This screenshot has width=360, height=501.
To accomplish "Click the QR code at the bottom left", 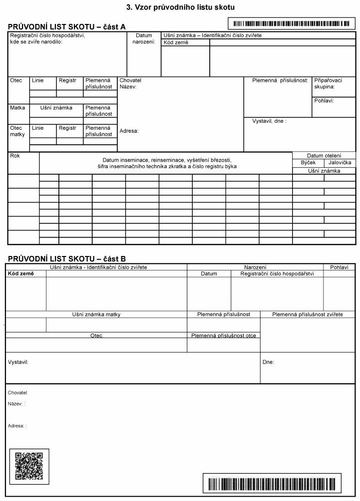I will [29, 466].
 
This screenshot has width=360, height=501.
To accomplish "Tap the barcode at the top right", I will [291, 23].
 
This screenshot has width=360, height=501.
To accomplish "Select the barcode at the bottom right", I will [272, 484].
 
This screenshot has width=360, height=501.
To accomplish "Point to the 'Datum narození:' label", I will [144, 38].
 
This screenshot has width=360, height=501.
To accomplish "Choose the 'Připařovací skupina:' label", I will [328, 83].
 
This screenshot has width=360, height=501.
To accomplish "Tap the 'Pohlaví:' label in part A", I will [324, 100].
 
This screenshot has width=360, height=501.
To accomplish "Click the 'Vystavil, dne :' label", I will [269, 121].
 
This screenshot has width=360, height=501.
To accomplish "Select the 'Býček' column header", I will [308, 163].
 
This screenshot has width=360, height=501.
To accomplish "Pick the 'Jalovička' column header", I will [340, 163].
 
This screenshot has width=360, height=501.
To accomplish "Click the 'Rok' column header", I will [15, 156].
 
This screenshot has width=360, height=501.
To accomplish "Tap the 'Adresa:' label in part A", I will [129, 131].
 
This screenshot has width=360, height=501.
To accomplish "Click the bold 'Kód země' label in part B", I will [20, 273].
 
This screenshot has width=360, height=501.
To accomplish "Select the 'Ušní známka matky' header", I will [96, 314].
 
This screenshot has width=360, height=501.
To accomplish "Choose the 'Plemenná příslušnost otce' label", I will [223, 335].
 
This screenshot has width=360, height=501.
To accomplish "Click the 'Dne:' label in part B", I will [268, 362].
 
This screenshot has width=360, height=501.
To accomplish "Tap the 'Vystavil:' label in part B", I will [18, 361].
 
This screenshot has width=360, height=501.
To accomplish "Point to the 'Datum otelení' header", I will [324, 156].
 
